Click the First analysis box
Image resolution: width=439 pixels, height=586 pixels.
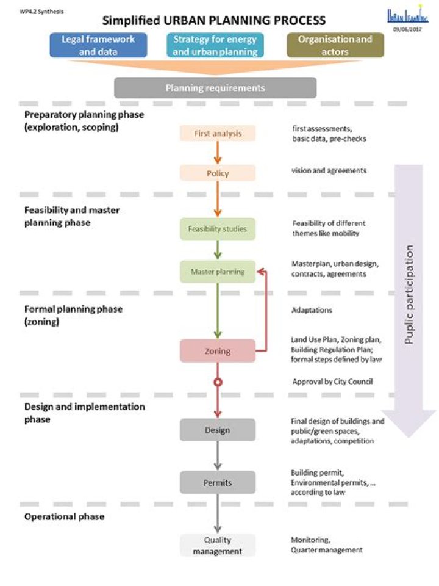coord(218,133)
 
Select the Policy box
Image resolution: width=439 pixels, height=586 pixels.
coord(218,173)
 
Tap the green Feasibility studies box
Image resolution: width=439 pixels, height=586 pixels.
coord(218,229)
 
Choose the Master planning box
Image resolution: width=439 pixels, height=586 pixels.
coord(218,272)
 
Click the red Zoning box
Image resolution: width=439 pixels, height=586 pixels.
coord(218,351)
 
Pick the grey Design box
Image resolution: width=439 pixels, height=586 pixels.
coord(218,430)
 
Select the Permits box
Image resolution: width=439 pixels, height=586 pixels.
coord(218,483)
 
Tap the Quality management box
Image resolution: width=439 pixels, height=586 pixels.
coord(218,545)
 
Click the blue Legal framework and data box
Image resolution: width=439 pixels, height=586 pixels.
coord(98,45)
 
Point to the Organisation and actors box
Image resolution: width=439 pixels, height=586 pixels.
coord(335,45)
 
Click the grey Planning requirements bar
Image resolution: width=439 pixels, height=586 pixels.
coord(215,88)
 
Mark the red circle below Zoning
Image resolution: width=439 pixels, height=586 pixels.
coord(218,383)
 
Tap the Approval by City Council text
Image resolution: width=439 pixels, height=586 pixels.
coord(332,382)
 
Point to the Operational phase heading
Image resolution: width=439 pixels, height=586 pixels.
coord(64,516)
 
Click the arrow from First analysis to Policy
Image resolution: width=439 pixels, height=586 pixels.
coord(218,153)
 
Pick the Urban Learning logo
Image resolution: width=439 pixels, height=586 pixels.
coord(408,16)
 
